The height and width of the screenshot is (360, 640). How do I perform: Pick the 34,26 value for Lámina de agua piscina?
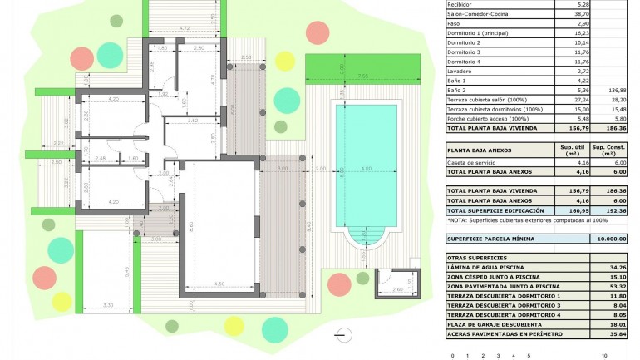click(x=614, y=267)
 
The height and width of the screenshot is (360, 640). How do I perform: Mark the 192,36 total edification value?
click(x=615, y=210)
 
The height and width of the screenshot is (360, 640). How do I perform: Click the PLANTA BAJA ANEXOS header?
click(x=479, y=150)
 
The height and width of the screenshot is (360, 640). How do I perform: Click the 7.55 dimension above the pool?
click(x=362, y=76)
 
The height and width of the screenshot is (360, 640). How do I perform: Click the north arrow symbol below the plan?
click(x=339, y=335)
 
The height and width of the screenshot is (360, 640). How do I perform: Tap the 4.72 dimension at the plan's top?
click(x=185, y=28)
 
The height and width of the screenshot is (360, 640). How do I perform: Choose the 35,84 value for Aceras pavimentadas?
click(x=614, y=333)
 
